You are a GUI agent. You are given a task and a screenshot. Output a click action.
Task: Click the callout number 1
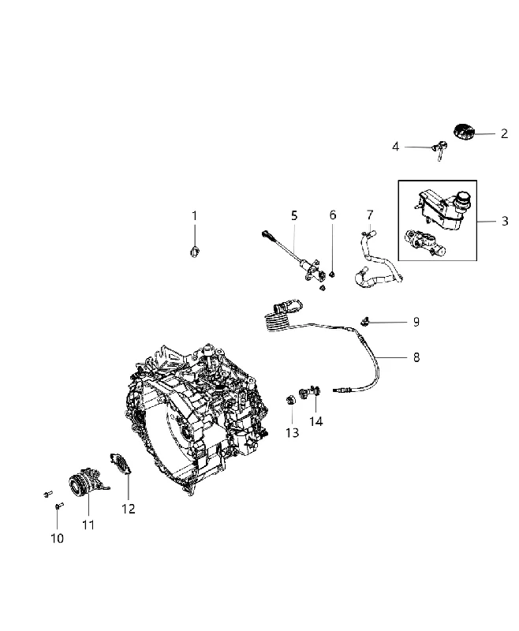pyautogui.click(x=194, y=216)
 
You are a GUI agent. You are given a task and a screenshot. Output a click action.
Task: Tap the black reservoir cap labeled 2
pyautogui.click(x=464, y=132)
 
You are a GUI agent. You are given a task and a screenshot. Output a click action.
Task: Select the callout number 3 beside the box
pyautogui.click(x=505, y=221)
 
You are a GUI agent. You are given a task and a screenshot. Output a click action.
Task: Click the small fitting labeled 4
pyautogui.click(x=439, y=150)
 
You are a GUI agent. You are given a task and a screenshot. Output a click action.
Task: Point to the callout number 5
pyautogui.click(x=294, y=215)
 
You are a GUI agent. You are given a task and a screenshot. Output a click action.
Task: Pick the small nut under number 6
pyautogui.click(x=332, y=274)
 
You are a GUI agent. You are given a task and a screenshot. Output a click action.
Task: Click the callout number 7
pyautogui.click(x=370, y=215)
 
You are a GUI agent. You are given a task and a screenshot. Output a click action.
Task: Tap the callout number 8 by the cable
pyautogui.click(x=416, y=357)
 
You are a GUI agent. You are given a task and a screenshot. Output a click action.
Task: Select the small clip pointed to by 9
pyautogui.click(x=364, y=322)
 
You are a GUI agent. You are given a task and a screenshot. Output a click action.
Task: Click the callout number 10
pyautogui.click(x=57, y=538)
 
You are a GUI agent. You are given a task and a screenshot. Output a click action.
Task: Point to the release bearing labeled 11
pyautogui.click(x=86, y=480)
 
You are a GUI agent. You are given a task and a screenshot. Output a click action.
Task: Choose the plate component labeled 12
pyautogui.click(x=121, y=464)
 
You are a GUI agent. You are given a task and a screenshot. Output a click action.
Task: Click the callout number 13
pyautogui.click(x=293, y=432)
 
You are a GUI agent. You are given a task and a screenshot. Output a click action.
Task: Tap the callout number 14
pyautogui.click(x=316, y=421)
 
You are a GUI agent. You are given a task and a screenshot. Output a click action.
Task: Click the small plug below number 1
pyautogui.click(x=194, y=252)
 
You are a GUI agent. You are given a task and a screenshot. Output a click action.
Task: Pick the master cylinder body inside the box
pyautogui.click(x=425, y=244)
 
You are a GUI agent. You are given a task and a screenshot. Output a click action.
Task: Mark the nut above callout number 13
pyautogui.click(x=290, y=401)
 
